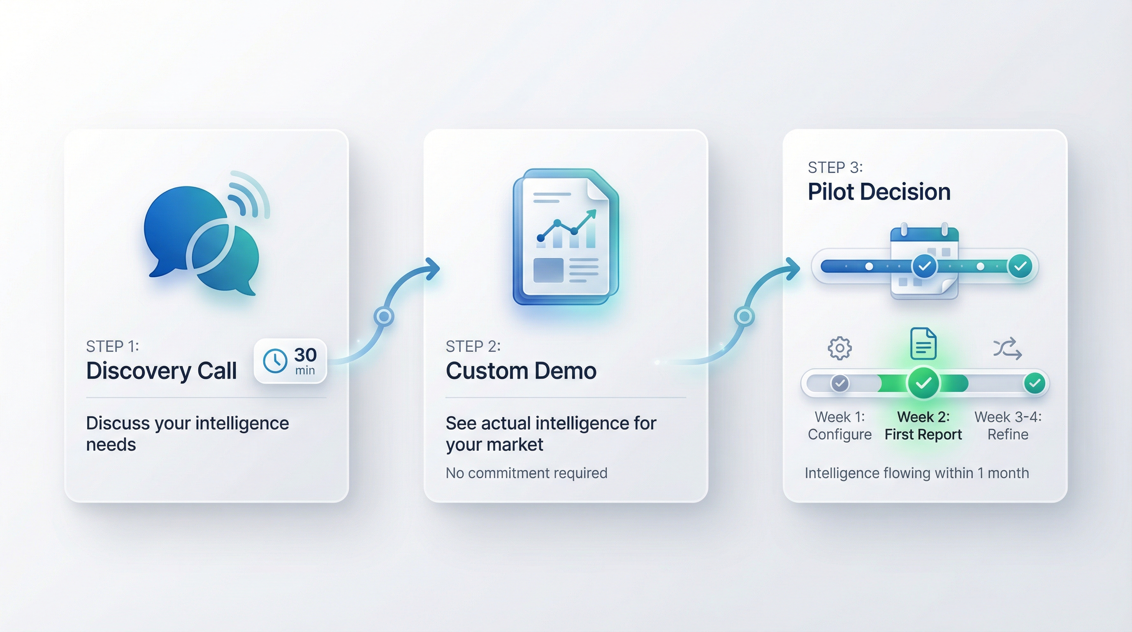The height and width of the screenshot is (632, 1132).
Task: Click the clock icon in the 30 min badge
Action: [275, 361]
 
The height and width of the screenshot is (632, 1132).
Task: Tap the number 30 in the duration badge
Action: [305, 355]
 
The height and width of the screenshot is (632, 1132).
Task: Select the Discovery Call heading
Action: [161, 370]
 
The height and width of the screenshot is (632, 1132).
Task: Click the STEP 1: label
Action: [112, 346]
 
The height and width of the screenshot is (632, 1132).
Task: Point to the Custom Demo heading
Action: [521, 370]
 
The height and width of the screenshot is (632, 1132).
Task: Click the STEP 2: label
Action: [473, 346]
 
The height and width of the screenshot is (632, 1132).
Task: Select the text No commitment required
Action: [527, 473]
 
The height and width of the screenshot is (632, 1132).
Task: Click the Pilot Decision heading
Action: [879, 192]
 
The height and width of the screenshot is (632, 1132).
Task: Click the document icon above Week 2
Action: [923, 344]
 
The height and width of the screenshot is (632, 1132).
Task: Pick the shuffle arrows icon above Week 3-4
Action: [1007, 349]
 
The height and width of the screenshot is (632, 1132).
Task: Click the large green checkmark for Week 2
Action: [923, 383]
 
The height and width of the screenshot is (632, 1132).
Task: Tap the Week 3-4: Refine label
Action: [1008, 425]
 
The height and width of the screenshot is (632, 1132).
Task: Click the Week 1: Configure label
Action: [839, 425]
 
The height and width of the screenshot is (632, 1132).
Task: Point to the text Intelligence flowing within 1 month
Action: [917, 473]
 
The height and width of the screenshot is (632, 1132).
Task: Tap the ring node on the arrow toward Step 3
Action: [745, 316]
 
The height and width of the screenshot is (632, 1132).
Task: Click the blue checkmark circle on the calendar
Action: [924, 266]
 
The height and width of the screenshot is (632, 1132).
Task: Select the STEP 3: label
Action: [835, 167]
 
